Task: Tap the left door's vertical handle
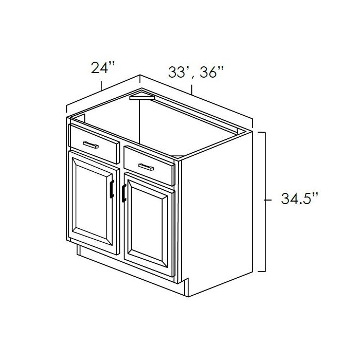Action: [x=112, y=189]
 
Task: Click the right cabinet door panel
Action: [x=148, y=226]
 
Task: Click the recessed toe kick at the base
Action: [x=129, y=266]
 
